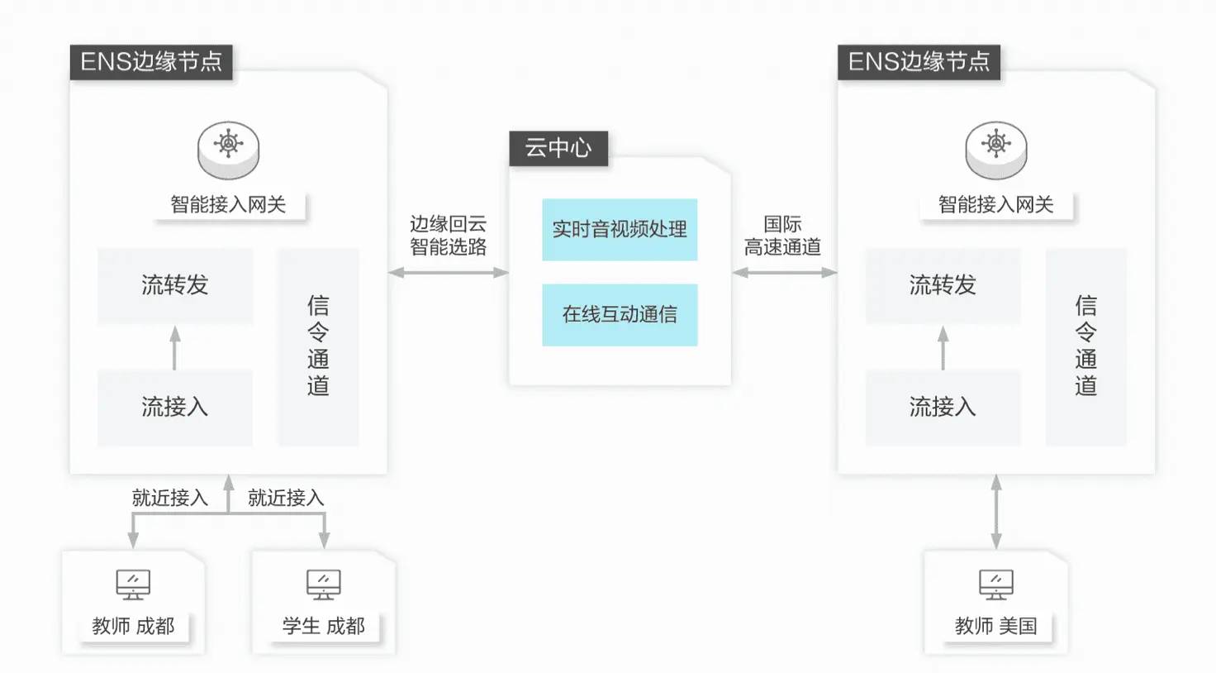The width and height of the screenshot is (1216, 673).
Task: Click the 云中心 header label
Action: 558,148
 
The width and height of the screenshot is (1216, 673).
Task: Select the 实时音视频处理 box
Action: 620,229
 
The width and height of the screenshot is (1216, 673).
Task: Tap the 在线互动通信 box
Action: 620,314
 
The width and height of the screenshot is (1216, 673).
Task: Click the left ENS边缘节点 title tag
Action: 151,62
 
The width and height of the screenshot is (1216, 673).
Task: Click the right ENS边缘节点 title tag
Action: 919,62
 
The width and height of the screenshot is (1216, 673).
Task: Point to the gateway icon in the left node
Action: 229,149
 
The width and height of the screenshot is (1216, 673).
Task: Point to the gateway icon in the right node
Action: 996,149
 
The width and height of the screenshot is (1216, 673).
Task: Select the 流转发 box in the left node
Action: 175,285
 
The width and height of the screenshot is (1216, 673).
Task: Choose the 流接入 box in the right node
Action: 943,407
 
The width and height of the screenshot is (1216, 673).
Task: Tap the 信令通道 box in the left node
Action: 318,346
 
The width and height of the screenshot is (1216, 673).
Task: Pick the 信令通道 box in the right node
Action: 1085,346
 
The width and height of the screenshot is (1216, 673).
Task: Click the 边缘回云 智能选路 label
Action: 449,236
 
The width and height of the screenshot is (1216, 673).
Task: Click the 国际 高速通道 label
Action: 782,236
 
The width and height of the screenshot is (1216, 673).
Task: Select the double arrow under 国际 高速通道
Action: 784,272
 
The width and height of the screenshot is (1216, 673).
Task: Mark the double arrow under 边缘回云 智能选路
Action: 449,272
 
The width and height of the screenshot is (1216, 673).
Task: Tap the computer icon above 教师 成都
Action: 133,584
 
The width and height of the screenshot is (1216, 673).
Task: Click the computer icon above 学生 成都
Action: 323,584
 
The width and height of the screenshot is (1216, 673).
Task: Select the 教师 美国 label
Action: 995,626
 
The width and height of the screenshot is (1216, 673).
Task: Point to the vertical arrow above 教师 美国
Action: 996,512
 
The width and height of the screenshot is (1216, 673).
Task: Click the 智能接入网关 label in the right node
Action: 996,204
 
